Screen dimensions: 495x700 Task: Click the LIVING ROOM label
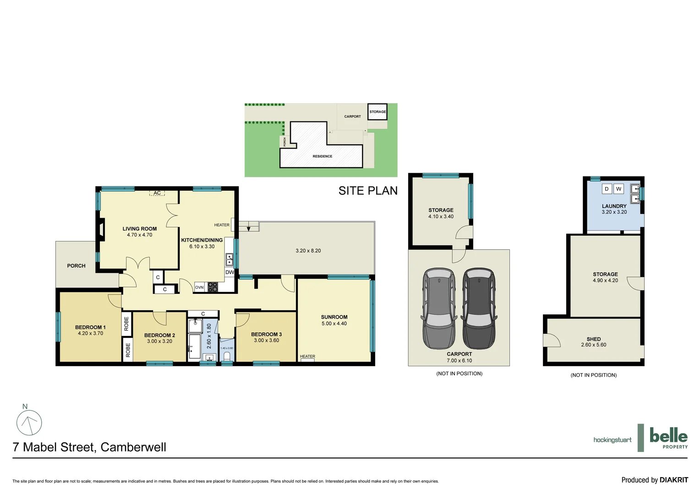pyautogui.click(x=139, y=229)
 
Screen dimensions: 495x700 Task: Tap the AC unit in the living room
pyautogui.click(x=157, y=193)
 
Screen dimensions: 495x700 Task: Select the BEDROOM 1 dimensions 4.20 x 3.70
pyautogui.click(x=90, y=334)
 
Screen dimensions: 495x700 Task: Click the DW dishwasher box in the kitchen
pyautogui.click(x=230, y=272)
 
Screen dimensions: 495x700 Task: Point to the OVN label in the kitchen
pyautogui.click(x=199, y=287)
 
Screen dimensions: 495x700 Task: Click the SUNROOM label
pyautogui.click(x=334, y=317)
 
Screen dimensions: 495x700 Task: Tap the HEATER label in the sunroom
pyautogui.click(x=307, y=357)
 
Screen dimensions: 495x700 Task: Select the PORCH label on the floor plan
pyautogui.click(x=76, y=266)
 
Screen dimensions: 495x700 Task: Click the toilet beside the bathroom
pyautogui.click(x=227, y=356)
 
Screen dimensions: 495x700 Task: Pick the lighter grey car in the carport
pyautogui.click(x=439, y=308)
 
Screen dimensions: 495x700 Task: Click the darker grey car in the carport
pyautogui.click(x=479, y=308)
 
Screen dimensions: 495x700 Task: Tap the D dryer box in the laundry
pyautogui.click(x=607, y=189)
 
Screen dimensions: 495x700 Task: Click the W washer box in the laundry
pyautogui.click(x=618, y=189)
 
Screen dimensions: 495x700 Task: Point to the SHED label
pyautogui.click(x=593, y=339)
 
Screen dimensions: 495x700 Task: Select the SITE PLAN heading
pyautogui.click(x=368, y=191)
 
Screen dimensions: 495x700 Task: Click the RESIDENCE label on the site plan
pyautogui.click(x=323, y=156)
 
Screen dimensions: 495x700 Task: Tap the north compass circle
pyautogui.click(x=29, y=423)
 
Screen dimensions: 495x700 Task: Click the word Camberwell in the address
pyautogui.click(x=133, y=447)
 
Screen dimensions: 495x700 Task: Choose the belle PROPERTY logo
pyautogui.click(x=668, y=438)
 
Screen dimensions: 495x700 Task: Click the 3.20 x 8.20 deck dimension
pyautogui.click(x=308, y=251)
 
